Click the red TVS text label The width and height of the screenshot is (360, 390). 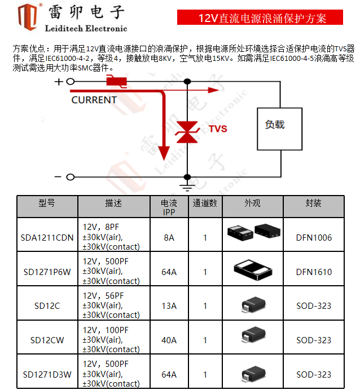218,129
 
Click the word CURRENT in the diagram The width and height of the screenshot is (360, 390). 94,100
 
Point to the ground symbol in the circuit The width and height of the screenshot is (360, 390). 187,183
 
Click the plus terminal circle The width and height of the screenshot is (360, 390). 71,82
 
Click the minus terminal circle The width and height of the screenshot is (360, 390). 71,177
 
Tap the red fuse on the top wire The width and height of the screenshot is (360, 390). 117,82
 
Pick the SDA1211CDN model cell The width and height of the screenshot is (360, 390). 47,237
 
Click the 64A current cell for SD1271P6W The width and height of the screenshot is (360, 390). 169,272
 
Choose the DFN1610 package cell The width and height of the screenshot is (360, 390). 313,272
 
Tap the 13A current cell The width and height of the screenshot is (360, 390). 169,306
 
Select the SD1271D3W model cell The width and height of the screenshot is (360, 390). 47,374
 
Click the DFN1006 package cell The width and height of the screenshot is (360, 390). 313,237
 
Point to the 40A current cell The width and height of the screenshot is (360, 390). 169,340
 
